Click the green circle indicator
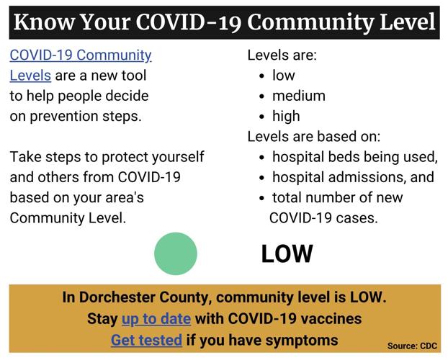(x=175, y=253)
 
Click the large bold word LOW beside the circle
(x=287, y=253)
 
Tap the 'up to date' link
(x=156, y=318)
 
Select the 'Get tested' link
(x=146, y=339)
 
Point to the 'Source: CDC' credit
(x=412, y=346)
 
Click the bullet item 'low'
(x=283, y=75)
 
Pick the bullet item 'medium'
(x=298, y=96)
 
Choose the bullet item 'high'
(x=286, y=116)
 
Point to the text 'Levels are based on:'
(x=314, y=136)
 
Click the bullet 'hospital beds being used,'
(x=354, y=157)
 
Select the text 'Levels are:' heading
(x=282, y=55)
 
